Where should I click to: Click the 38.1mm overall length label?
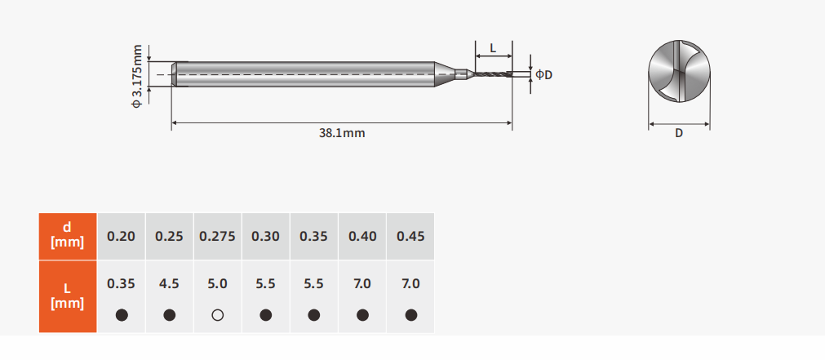[x=341, y=133]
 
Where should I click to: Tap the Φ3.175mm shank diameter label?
[x=137, y=76]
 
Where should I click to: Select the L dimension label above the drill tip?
[x=493, y=48]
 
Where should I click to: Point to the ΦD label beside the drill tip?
[x=544, y=75]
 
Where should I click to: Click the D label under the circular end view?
[x=679, y=133]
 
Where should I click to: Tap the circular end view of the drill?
[x=679, y=71]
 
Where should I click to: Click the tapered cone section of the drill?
[x=445, y=74]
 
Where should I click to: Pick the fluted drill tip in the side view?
[x=493, y=74]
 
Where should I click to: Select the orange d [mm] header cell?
[x=68, y=236]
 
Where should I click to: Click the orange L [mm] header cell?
[x=68, y=296]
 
